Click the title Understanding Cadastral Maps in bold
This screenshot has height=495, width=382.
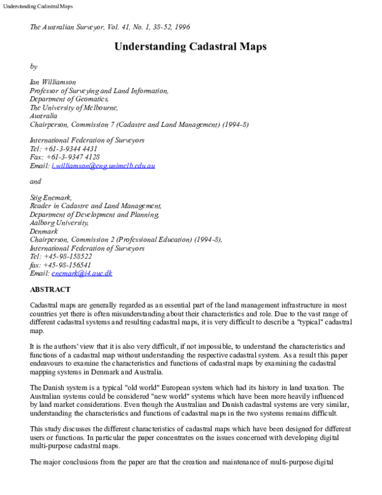point(190,47)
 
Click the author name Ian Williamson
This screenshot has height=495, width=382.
point(52,82)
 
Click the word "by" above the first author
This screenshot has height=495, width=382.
point(34,66)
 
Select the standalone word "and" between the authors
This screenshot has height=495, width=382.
point(36,182)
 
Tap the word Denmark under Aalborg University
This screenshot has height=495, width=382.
point(44,232)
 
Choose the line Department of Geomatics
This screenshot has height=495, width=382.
point(69,100)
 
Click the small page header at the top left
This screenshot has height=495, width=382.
point(37,6)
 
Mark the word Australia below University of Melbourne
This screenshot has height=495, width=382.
point(44,116)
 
